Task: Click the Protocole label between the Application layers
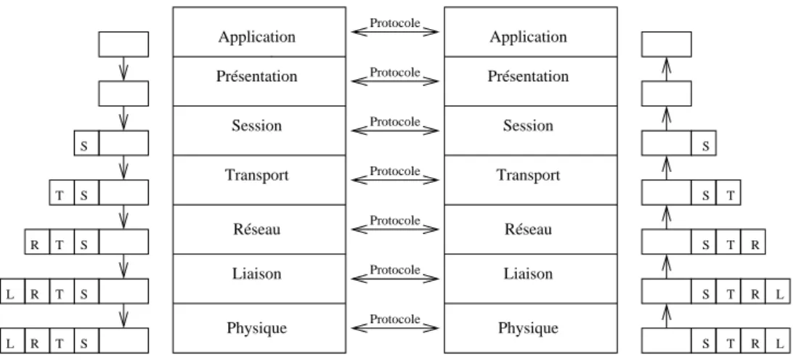(x=395, y=23)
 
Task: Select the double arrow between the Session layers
(x=395, y=131)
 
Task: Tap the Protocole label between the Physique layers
(x=395, y=319)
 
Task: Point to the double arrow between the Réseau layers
(x=395, y=229)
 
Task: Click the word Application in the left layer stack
(x=257, y=38)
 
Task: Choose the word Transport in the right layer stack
(x=528, y=176)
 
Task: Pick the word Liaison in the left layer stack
(x=257, y=274)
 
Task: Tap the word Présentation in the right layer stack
(x=528, y=76)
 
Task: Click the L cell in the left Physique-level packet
(x=12, y=341)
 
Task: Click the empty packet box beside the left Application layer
(x=123, y=44)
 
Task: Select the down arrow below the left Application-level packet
(x=123, y=69)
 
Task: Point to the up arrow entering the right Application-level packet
(x=667, y=69)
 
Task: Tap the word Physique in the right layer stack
(x=528, y=329)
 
